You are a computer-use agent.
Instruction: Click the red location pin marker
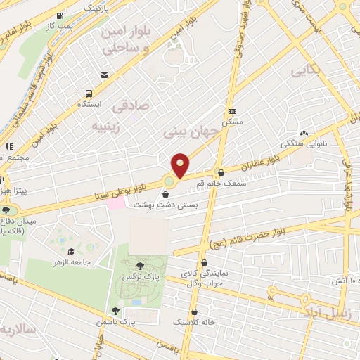180,165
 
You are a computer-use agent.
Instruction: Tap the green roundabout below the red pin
169,184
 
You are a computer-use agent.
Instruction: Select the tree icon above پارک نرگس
140,266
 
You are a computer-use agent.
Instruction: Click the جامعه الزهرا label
71,262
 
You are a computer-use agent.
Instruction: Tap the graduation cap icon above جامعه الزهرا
71,250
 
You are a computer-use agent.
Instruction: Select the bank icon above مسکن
233,111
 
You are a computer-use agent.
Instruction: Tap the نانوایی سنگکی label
304,143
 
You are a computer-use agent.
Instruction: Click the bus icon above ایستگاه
89,93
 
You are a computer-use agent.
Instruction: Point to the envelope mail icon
104,75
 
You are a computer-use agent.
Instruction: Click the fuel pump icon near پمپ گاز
60,15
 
